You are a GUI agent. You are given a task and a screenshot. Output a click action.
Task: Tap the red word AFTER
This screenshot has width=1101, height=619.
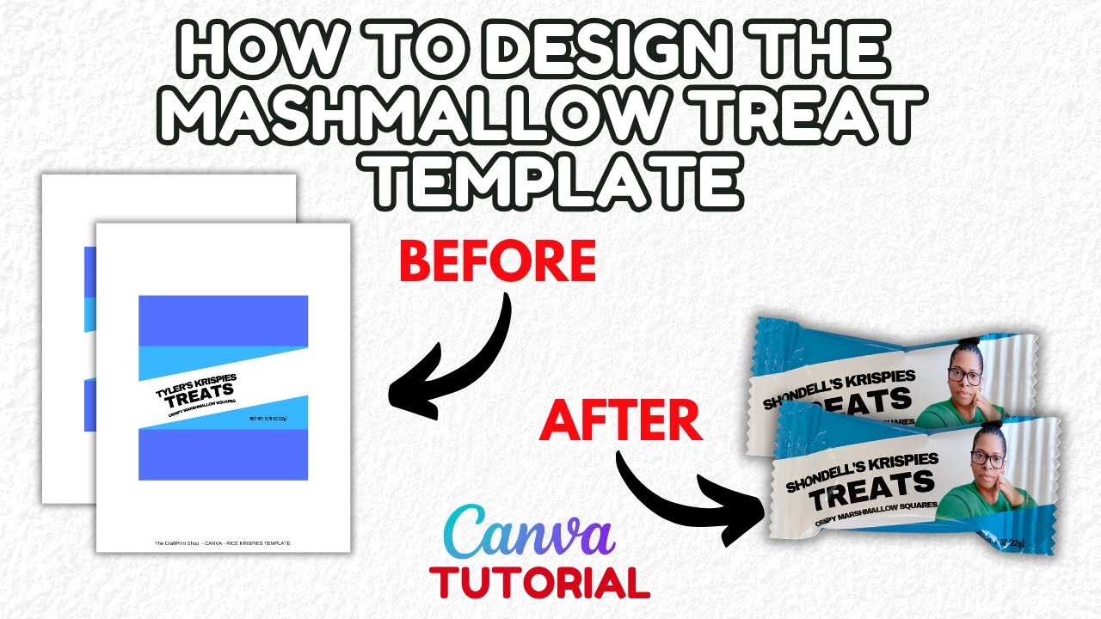[619, 421]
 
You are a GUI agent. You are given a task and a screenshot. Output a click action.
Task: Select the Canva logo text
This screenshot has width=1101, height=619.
[529, 533]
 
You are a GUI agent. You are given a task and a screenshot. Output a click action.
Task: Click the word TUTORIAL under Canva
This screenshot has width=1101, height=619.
[540, 582]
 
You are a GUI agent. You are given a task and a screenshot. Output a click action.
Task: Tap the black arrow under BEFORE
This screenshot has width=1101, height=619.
[456, 361]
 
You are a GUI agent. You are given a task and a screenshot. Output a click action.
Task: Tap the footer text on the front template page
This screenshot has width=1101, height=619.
[222, 543]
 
